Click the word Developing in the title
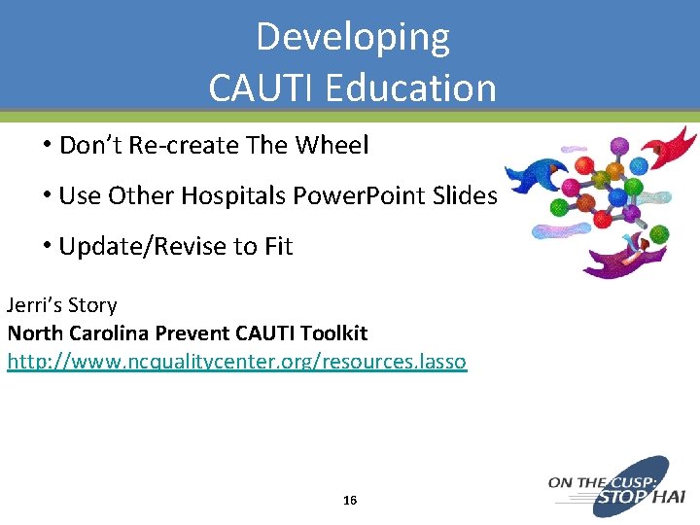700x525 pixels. (x=352, y=38)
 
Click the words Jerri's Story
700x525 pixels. (x=62, y=305)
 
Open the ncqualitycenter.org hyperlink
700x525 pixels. (x=236, y=362)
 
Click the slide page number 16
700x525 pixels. (x=350, y=500)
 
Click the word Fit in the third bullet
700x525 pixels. (x=278, y=247)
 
